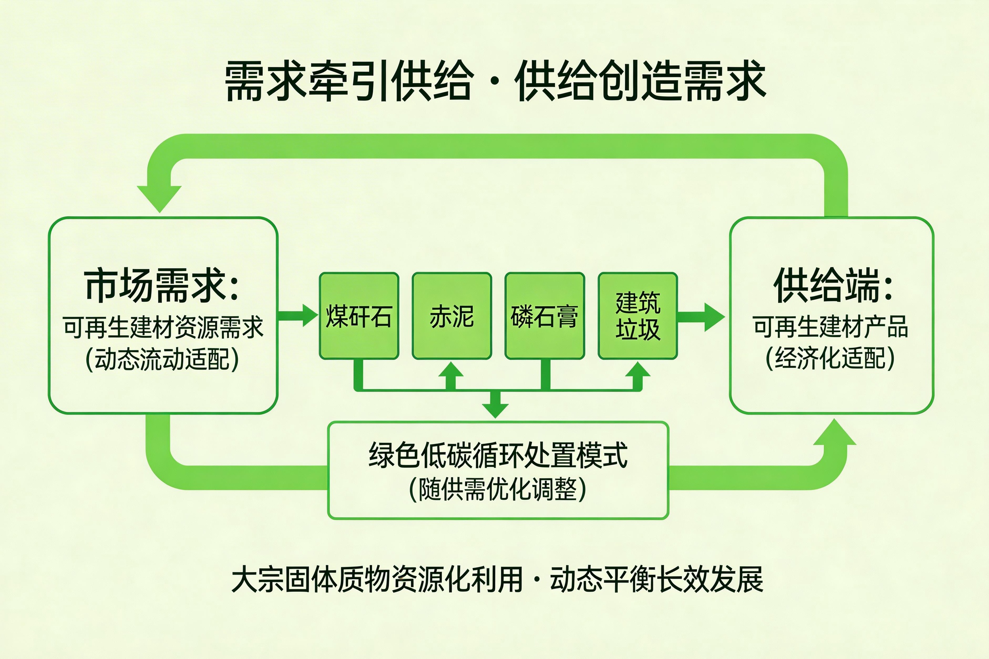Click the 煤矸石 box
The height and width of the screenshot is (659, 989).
tap(359, 316)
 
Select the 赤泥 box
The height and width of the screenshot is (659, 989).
tap(452, 316)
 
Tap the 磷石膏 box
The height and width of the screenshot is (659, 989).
tap(544, 316)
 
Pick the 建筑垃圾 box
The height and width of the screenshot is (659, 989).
tap(638, 316)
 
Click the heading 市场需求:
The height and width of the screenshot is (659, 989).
tap(162, 286)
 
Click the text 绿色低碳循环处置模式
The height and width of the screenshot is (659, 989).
tap(498, 455)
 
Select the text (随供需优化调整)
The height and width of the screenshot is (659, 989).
tap(498, 489)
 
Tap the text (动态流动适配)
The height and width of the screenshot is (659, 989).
tap(162, 359)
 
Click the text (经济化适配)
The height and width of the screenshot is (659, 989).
tap(830, 358)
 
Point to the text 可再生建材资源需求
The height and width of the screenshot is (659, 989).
tap(163, 327)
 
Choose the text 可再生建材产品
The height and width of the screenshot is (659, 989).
tap(831, 327)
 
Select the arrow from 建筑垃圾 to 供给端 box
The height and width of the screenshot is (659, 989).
tap(701, 317)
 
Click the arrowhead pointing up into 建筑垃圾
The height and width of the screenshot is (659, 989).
tap(638, 370)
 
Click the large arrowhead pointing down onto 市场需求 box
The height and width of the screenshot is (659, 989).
tap(159, 198)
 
